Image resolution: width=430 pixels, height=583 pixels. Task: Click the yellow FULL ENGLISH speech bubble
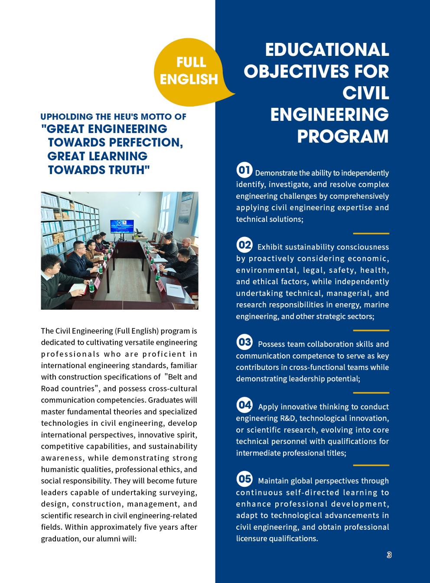[x=189, y=71]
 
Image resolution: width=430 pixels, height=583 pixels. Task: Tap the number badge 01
[x=244, y=170]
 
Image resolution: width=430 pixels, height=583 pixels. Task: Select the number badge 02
[x=244, y=245]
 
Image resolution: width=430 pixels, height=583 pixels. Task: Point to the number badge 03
[x=244, y=342]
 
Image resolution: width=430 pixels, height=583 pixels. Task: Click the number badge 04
[x=244, y=405]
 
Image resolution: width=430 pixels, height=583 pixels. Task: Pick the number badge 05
[x=244, y=479]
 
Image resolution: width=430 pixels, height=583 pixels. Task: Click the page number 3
[x=389, y=555]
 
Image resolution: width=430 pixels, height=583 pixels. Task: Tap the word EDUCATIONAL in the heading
[x=327, y=50]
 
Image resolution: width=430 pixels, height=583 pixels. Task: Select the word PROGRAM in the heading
[x=343, y=136]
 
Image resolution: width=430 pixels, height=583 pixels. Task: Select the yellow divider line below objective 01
[x=371, y=233]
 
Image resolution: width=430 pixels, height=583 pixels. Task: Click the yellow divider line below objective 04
[x=371, y=465]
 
